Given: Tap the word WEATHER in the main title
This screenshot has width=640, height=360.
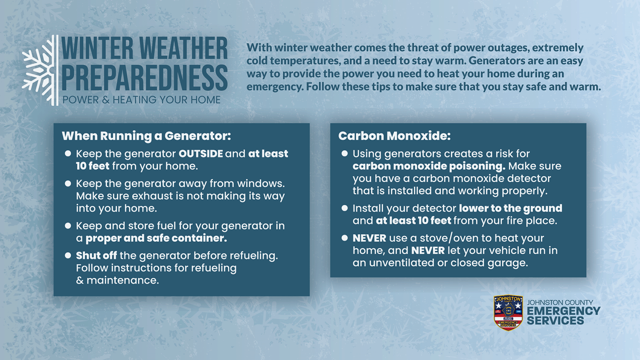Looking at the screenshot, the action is click(x=183, y=48).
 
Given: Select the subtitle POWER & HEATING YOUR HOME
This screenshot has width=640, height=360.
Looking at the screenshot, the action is click(x=141, y=100).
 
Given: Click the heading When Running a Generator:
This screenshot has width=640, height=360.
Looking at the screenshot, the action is click(x=146, y=136).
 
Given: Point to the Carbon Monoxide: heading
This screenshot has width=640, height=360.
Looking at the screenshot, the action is click(x=394, y=136).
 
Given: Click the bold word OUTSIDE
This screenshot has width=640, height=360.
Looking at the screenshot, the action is click(x=201, y=154).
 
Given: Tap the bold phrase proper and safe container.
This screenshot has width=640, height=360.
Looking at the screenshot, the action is click(x=156, y=238).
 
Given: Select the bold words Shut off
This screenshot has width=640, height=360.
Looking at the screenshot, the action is click(x=96, y=255).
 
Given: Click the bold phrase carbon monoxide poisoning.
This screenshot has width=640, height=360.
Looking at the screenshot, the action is click(x=429, y=166).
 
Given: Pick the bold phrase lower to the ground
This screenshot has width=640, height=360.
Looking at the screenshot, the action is click(x=511, y=208).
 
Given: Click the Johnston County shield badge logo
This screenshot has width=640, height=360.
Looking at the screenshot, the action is click(x=508, y=313).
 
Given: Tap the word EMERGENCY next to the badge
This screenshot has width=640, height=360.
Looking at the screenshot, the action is click(x=564, y=311).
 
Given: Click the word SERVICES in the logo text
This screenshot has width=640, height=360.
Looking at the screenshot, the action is click(x=556, y=321).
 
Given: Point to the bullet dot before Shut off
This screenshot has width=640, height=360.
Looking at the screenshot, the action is click(x=68, y=255).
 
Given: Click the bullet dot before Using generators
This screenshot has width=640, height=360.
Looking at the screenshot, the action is click(x=345, y=154).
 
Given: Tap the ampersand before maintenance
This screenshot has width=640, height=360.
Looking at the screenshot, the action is click(x=80, y=280).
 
